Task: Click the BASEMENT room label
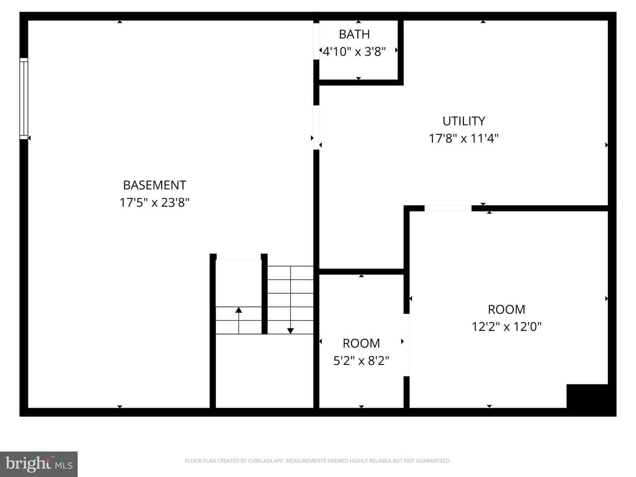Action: point(155,185)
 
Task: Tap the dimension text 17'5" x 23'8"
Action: point(155,202)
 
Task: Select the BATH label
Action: point(354,34)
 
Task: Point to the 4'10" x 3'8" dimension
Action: point(354,52)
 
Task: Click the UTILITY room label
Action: point(464,121)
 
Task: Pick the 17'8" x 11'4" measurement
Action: point(464,138)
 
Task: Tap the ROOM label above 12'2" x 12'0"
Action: point(507,310)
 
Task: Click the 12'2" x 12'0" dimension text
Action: point(507,327)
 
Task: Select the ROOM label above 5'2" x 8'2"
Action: point(361,344)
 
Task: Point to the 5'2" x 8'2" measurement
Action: point(361,360)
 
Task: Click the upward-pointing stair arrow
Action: point(238,320)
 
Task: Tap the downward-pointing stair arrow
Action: point(290,300)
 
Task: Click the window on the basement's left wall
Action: point(24,98)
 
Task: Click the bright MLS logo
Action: point(39,464)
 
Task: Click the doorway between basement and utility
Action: point(316,128)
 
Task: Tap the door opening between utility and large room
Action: point(448,208)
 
